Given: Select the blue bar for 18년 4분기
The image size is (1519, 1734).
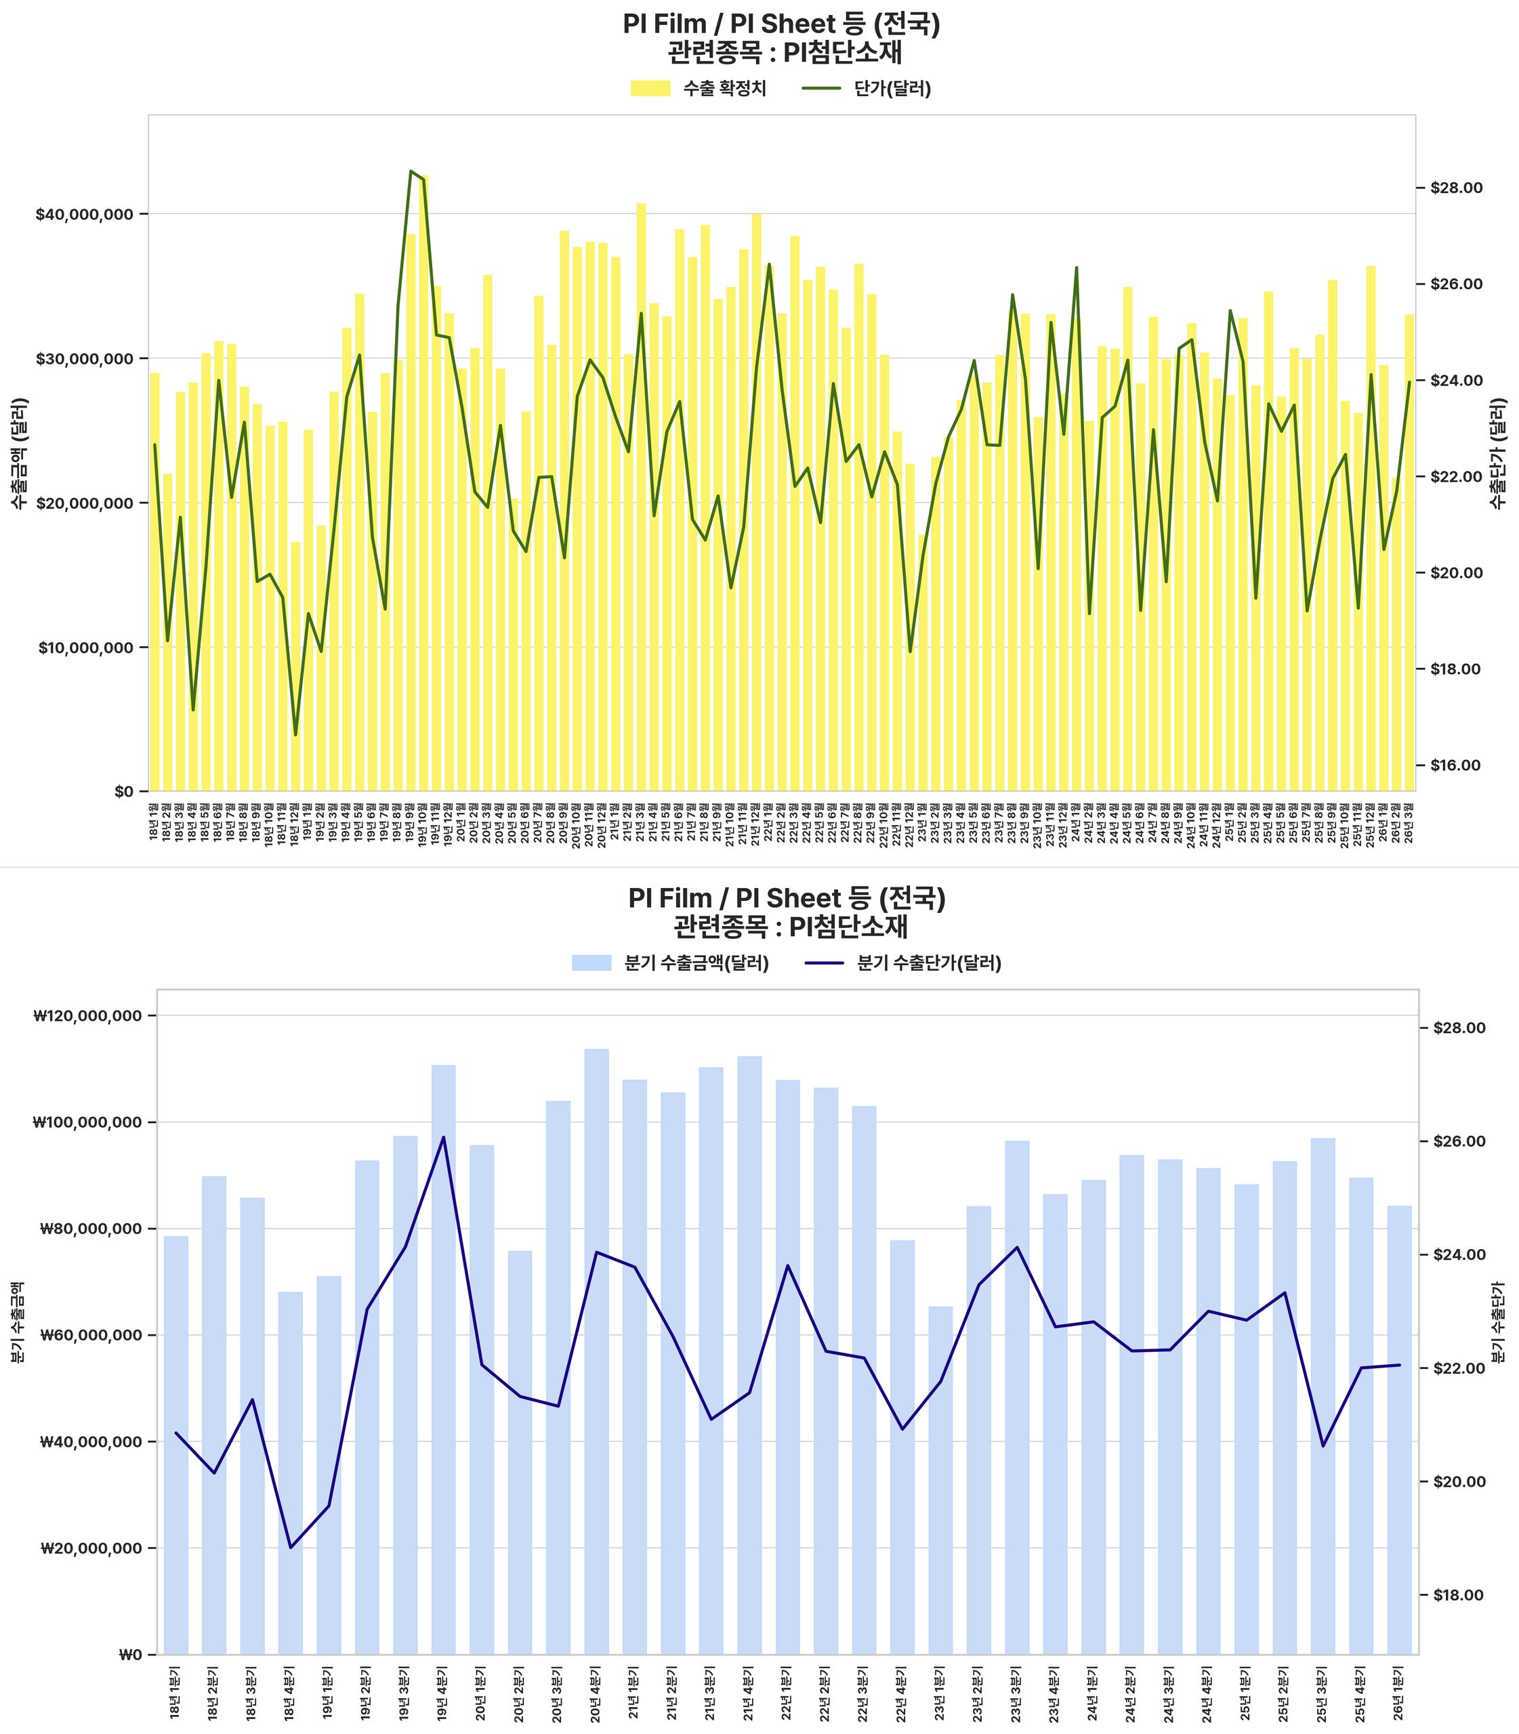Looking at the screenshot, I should click(291, 1475).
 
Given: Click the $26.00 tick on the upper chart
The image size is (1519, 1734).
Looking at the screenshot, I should click(1456, 284).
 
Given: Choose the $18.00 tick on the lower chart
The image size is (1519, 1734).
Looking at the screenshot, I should click(1458, 1595).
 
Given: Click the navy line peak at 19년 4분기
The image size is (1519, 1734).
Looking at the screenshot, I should click(443, 1137).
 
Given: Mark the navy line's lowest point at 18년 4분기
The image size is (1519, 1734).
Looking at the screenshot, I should click(291, 1548).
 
